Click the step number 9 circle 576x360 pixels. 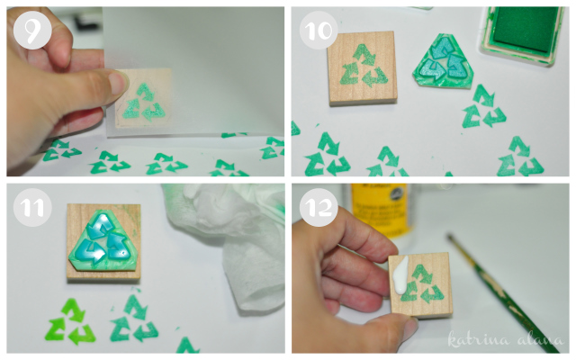[32, 31]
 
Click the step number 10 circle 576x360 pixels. [319, 30]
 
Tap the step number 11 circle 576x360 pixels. [32, 208]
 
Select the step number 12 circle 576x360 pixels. [319, 208]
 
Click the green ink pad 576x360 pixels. [523, 34]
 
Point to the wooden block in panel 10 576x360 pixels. [362, 68]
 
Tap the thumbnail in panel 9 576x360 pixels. [118, 83]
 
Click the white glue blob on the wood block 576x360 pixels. [401, 275]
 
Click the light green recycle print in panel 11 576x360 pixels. [70, 322]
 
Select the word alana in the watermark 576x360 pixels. [539, 340]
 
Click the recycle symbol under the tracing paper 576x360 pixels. [143, 103]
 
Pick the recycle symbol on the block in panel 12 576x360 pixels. [422, 283]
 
